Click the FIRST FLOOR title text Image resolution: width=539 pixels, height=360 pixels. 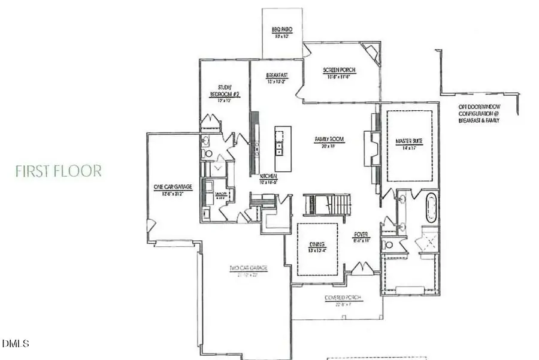pyautogui.click(x=59, y=171)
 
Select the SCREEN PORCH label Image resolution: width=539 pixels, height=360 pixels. pyautogui.click(x=340, y=70)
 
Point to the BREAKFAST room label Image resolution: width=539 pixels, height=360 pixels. pyautogui.click(x=277, y=75)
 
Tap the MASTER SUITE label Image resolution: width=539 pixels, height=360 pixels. pyautogui.click(x=410, y=141)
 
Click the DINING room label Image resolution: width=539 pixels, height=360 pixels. pyautogui.click(x=317, y=244)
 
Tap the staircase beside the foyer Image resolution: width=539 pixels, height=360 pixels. pyautogui.click(x=327, y=205)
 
